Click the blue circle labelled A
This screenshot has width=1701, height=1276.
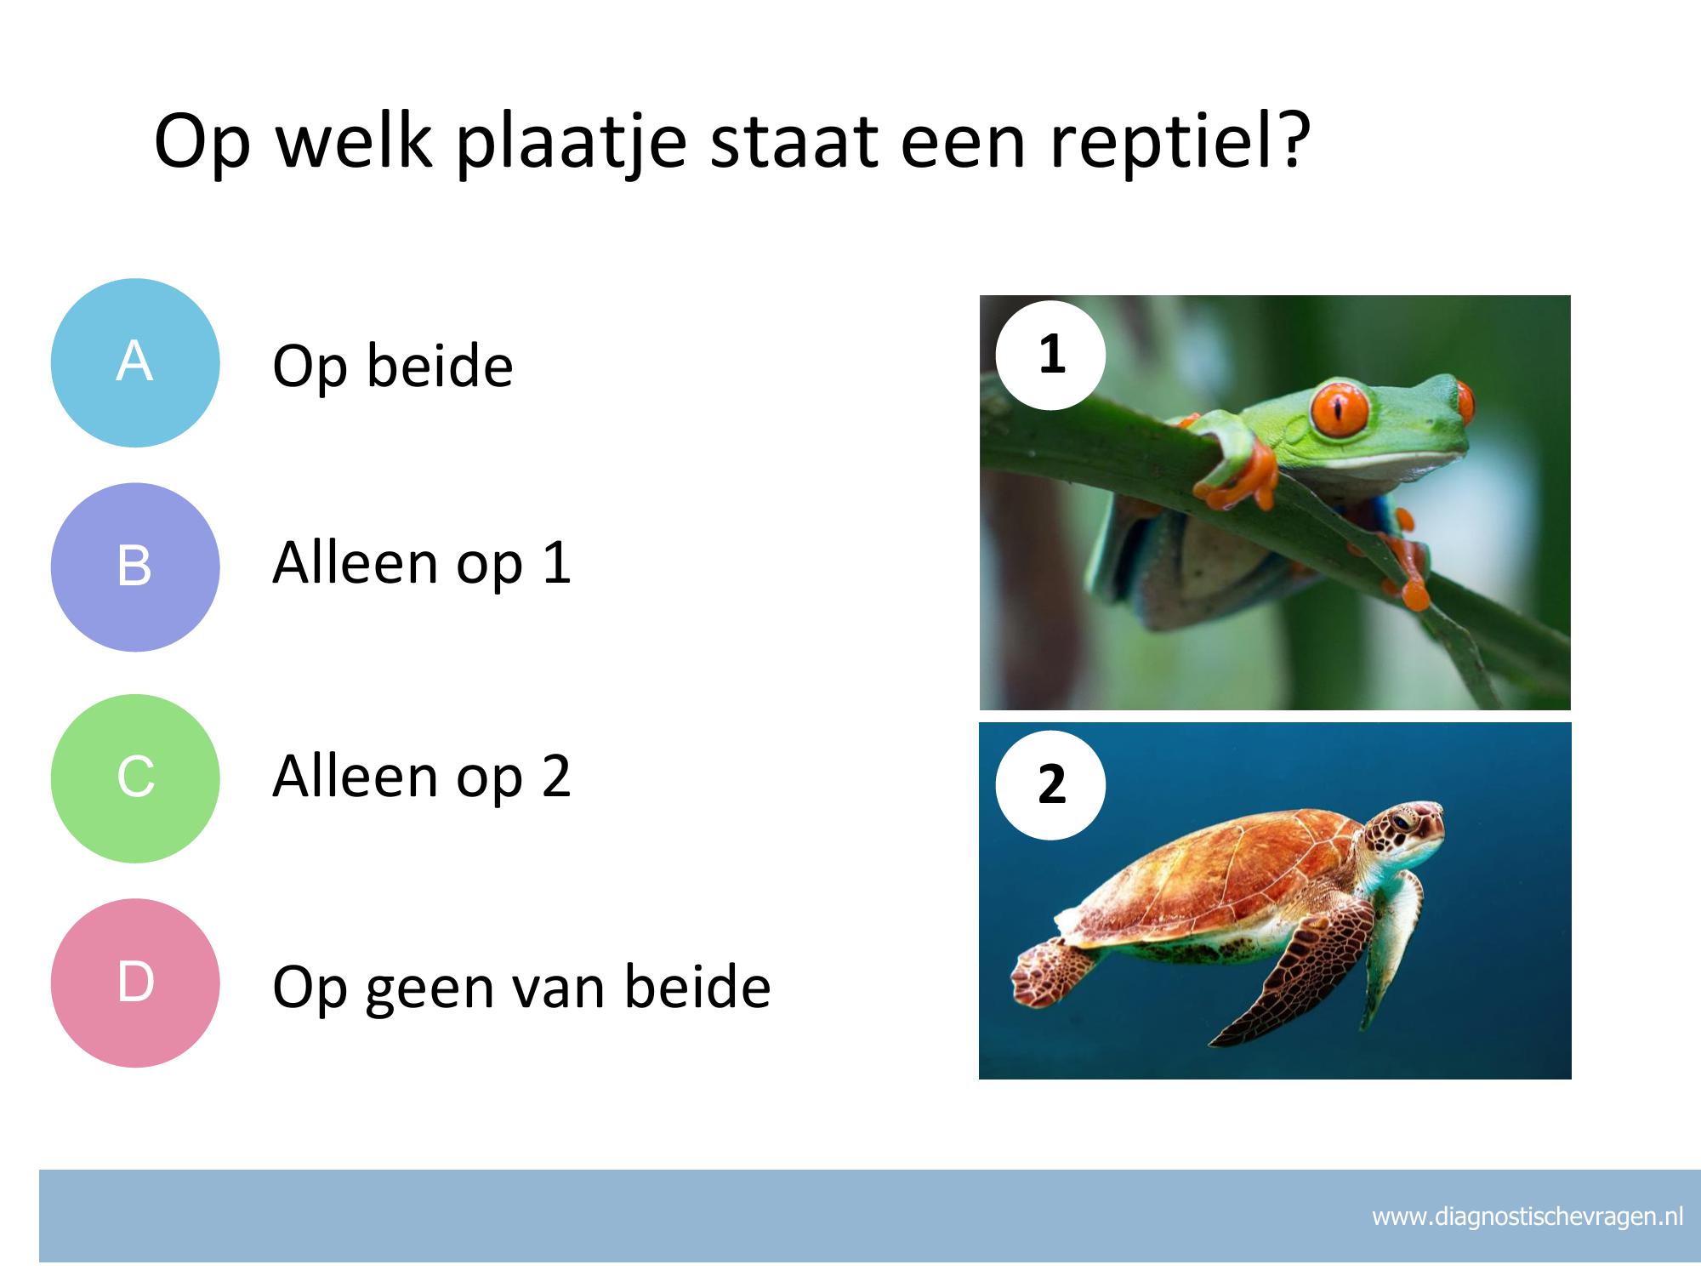135,363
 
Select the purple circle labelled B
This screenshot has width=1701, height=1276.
135,567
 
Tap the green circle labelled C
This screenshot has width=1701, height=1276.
135,778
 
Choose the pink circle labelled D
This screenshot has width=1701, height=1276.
135,983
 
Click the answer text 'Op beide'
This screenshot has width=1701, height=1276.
393,366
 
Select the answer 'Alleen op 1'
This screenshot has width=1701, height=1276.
422,563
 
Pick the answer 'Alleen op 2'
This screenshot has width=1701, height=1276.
422,776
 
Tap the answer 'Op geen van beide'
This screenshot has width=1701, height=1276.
521,988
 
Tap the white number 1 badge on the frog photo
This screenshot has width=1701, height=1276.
1051,355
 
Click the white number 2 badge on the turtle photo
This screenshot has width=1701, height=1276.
1051,784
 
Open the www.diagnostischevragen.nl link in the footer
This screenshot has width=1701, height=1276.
1527,1216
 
